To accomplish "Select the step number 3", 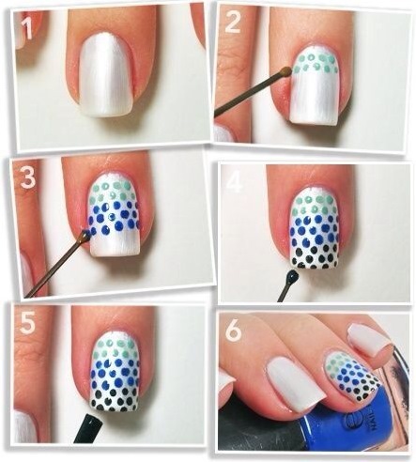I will click(x=27, y=177).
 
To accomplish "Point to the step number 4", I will click(x=235, y=182).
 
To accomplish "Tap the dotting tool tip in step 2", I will click(x=285, y=71).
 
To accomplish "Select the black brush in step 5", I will click(x=87, y=427).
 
